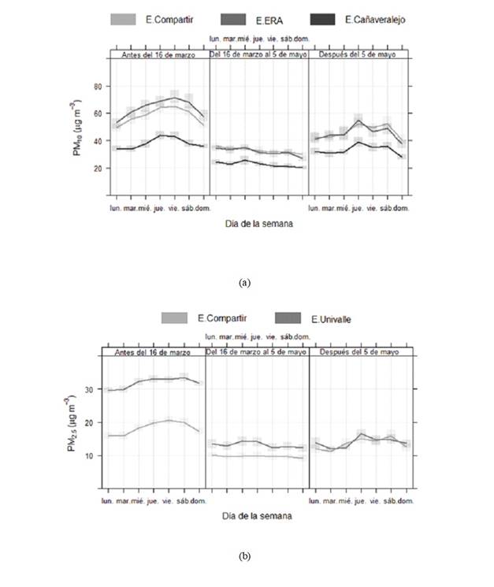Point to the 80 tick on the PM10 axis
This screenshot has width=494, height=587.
[98, 86]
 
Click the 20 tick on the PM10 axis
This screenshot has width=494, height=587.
[98, 169]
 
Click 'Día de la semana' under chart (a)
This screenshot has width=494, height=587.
[259, 224]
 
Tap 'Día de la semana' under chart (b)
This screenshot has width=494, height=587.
[257, 516]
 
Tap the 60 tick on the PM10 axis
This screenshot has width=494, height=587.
[98, 113]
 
